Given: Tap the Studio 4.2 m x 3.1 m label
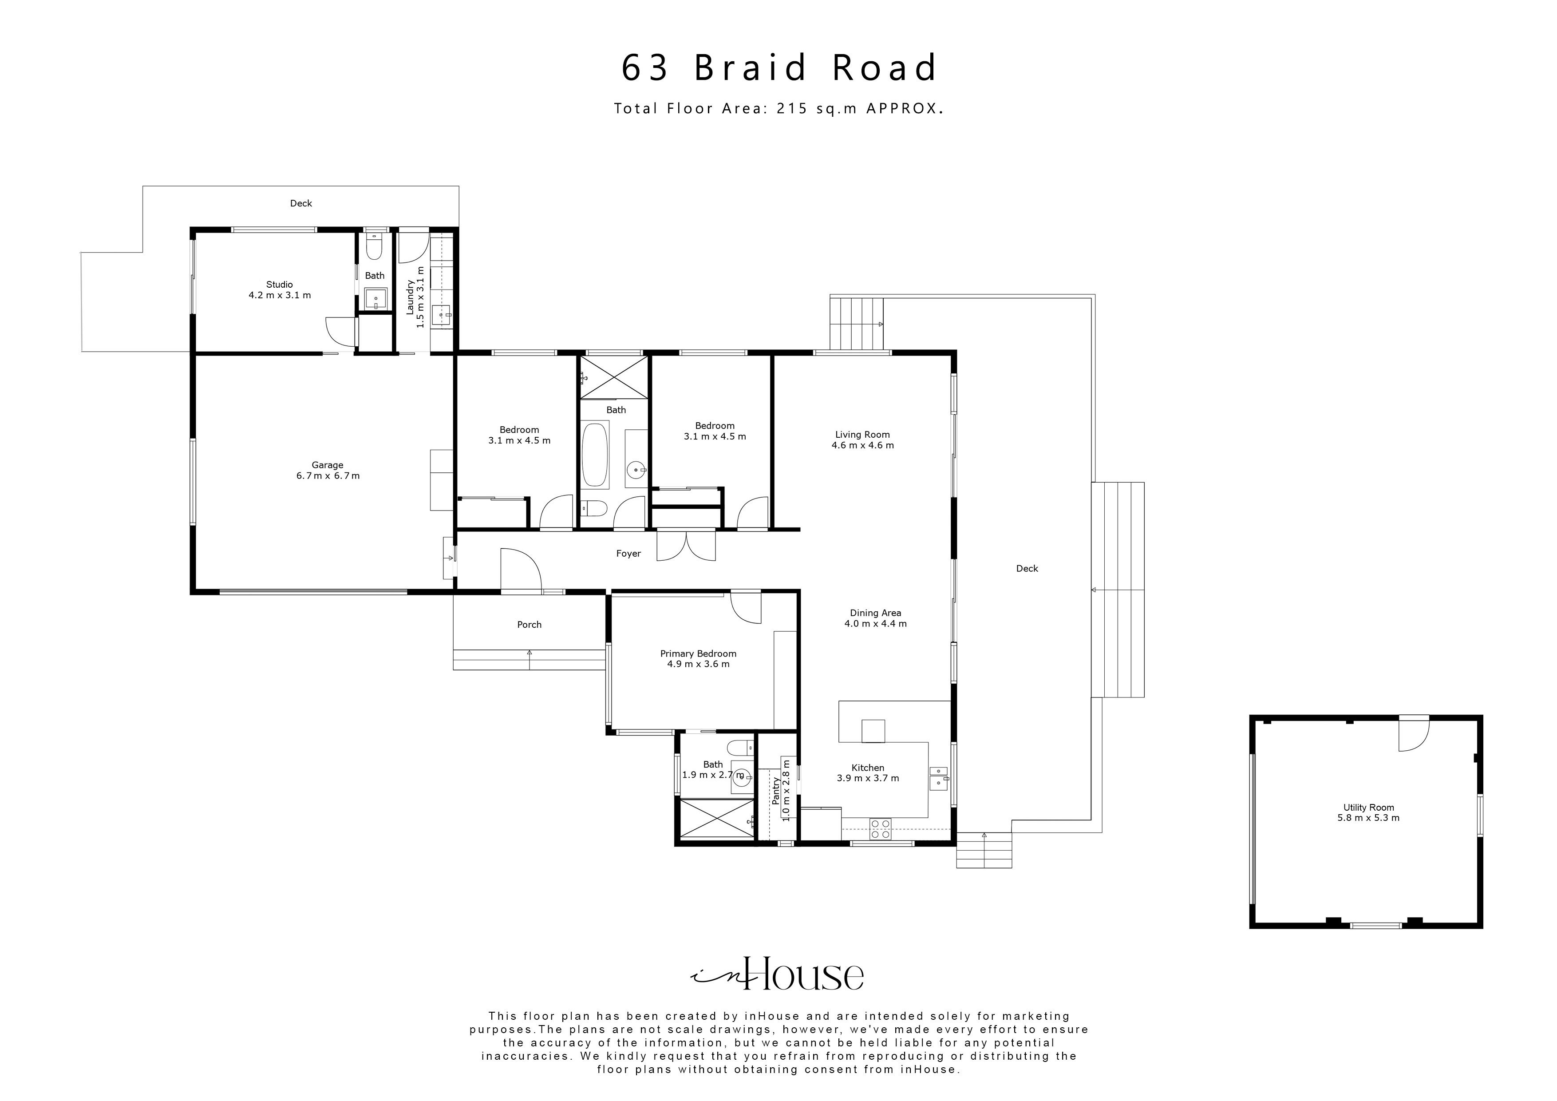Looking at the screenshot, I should click(x=279, y=289).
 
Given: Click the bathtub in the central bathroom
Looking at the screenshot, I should click(x=595, y=455).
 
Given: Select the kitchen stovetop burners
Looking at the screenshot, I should click(x=880, y=829).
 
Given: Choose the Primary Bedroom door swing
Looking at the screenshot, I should click(x=746, y=607).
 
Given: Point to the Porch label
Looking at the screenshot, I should click(x=529, y=625).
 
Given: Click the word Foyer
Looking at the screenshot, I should click(x=628, y=554).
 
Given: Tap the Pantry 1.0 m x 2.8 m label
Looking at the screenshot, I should click(x=781, y=790).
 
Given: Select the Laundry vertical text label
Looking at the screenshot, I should click(x=415, y=297).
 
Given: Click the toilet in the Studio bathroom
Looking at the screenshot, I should click(x=374, y=248).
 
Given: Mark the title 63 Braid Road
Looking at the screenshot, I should click(x=778, y=68).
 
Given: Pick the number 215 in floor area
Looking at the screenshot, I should click(x=792, y=108).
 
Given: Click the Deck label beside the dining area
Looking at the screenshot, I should click(x=1027, y=568).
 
